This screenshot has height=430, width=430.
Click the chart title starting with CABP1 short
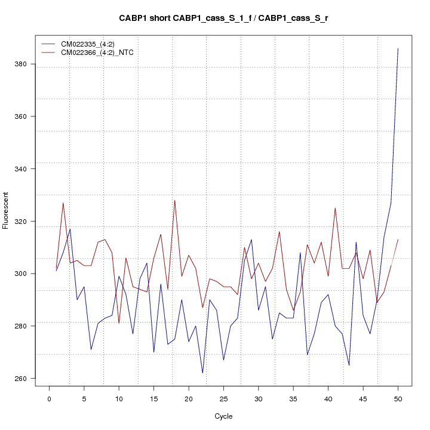click(x=223, y=18)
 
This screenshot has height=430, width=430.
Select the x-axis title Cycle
click(x=223, y=416)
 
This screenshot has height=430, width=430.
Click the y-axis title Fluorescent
click(x=7, y=210)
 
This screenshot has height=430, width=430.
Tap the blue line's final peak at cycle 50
click(x=398, y=48)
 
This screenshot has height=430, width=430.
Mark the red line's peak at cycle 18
click(x=174, y=200)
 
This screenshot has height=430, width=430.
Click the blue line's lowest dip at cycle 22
click(x=202, y=373)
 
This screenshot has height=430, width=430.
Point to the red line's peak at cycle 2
click(x=63, y=203)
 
